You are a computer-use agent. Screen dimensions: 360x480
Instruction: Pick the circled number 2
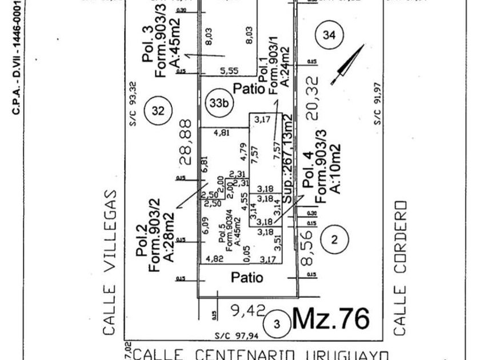[x=334, y=240]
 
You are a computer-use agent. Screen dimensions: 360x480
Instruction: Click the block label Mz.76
[x=331, y=319]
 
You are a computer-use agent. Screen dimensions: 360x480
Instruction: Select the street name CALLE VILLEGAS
[x=111, y=262]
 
